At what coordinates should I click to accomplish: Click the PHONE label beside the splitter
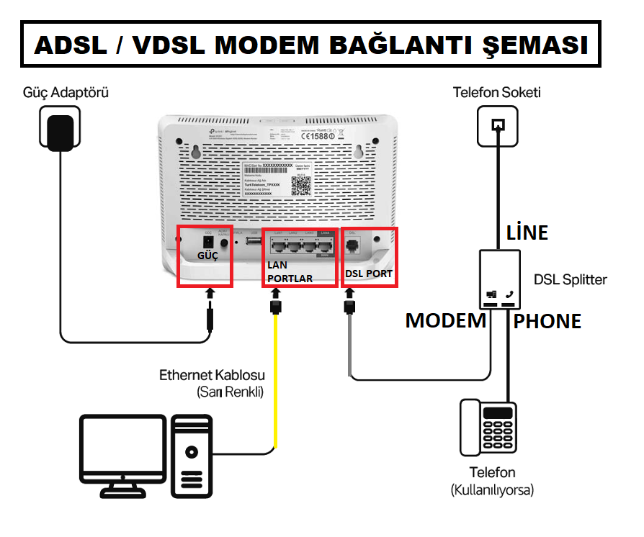547,321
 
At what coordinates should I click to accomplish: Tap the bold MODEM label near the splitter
445,321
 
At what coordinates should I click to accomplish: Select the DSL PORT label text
369,274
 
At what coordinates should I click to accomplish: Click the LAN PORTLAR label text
287,272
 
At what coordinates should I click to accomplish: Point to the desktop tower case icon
191,457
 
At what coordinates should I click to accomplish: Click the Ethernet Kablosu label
212,375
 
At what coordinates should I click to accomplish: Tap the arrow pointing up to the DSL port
351,294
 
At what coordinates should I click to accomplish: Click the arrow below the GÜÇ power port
210,294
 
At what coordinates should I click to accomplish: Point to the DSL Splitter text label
571,279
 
